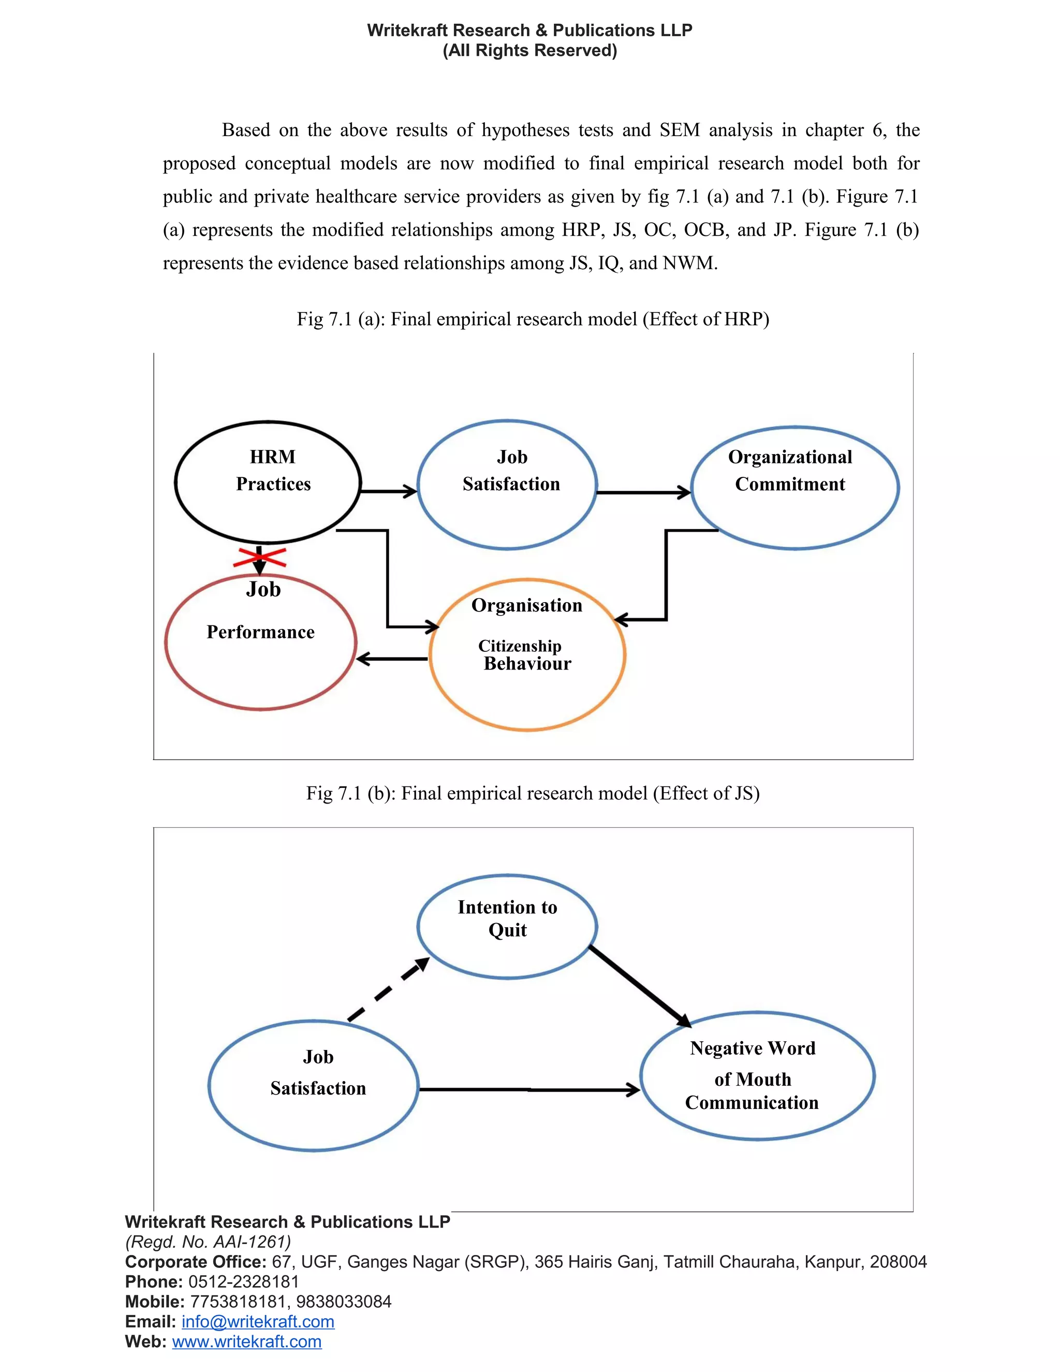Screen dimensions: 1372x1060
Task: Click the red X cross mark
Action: (259, 557)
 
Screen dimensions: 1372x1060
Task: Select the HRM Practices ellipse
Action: (268, 482)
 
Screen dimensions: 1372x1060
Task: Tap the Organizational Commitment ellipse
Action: (795, 488)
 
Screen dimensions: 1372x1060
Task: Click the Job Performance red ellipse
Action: (261, 643)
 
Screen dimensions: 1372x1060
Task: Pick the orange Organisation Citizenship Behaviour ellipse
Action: (527, 654)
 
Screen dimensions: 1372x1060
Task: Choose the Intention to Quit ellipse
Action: (507, 927)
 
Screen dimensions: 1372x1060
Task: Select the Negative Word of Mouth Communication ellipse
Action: (757, 1076)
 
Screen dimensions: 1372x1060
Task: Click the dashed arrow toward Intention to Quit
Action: (389, 990)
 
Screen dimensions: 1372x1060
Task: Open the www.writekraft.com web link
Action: (247, 1341)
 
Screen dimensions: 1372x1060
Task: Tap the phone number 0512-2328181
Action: (244, 1281)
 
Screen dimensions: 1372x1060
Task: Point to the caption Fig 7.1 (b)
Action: (533, 793)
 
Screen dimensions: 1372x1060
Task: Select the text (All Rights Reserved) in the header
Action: (530, 50)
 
